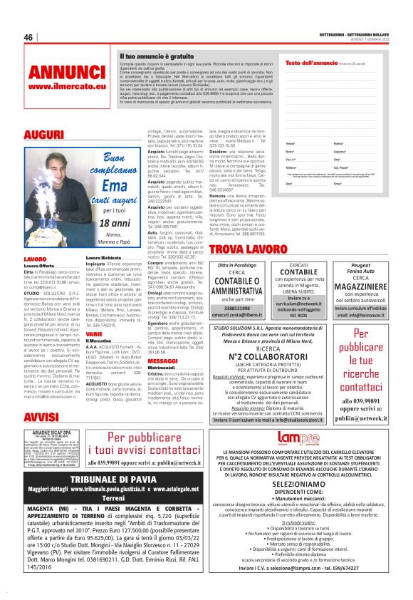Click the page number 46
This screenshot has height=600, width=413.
29,37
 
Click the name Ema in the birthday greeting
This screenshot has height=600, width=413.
109,187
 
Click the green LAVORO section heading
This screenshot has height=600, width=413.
35,259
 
